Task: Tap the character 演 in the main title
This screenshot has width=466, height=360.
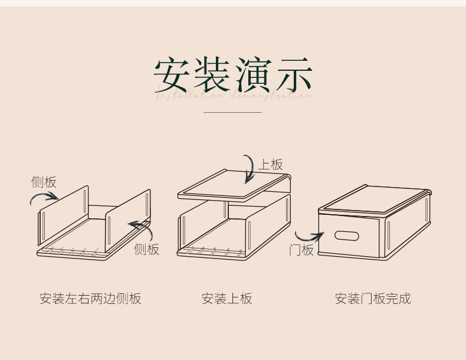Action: point(252,75)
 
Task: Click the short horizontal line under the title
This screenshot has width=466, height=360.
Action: point(232,112)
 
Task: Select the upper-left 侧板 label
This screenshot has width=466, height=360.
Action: point(44,182)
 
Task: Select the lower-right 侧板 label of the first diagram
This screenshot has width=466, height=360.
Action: point(146,249)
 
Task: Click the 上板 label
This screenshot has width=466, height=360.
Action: point(271,165)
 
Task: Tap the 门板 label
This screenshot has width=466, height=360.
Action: point(301,250)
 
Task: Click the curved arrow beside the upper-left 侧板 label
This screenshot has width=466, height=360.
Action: point(44,198)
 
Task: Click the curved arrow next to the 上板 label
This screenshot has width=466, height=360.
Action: point(250,170)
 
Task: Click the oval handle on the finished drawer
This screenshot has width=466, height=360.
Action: point(347,236)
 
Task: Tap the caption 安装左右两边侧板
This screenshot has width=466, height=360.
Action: point(90,299)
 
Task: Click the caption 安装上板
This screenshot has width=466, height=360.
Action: point(227,299)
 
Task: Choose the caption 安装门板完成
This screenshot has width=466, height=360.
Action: point(372,299)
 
